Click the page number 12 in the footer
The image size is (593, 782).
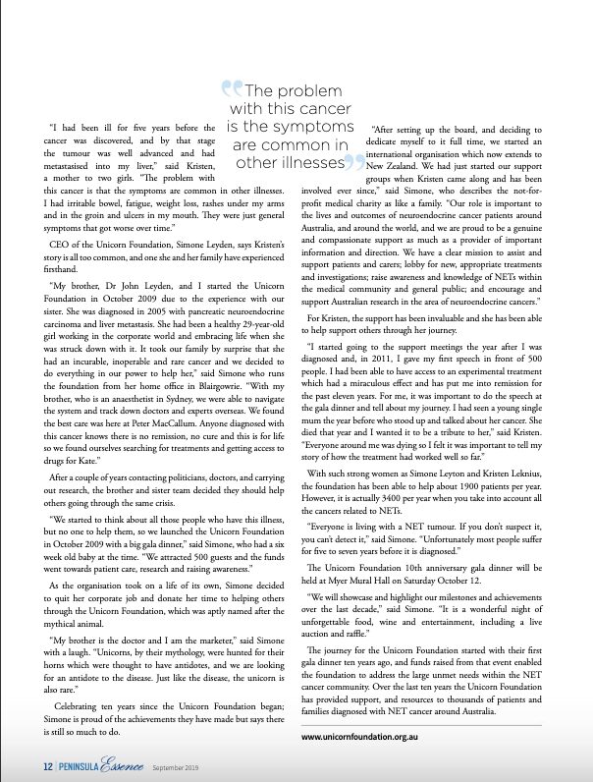pos(45,766)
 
